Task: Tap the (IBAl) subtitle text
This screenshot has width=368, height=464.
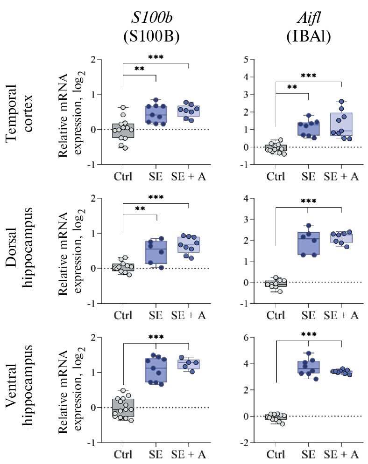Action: point(309,38)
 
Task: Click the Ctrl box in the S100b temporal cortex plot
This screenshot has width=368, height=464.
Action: point(123,131)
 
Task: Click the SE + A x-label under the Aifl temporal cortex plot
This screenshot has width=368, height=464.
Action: point(341,177)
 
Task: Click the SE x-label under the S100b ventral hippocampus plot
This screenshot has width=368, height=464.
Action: point(156,455)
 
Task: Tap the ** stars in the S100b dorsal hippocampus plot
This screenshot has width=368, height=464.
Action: point(140,209)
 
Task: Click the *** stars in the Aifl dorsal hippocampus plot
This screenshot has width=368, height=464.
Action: point(309,201)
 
